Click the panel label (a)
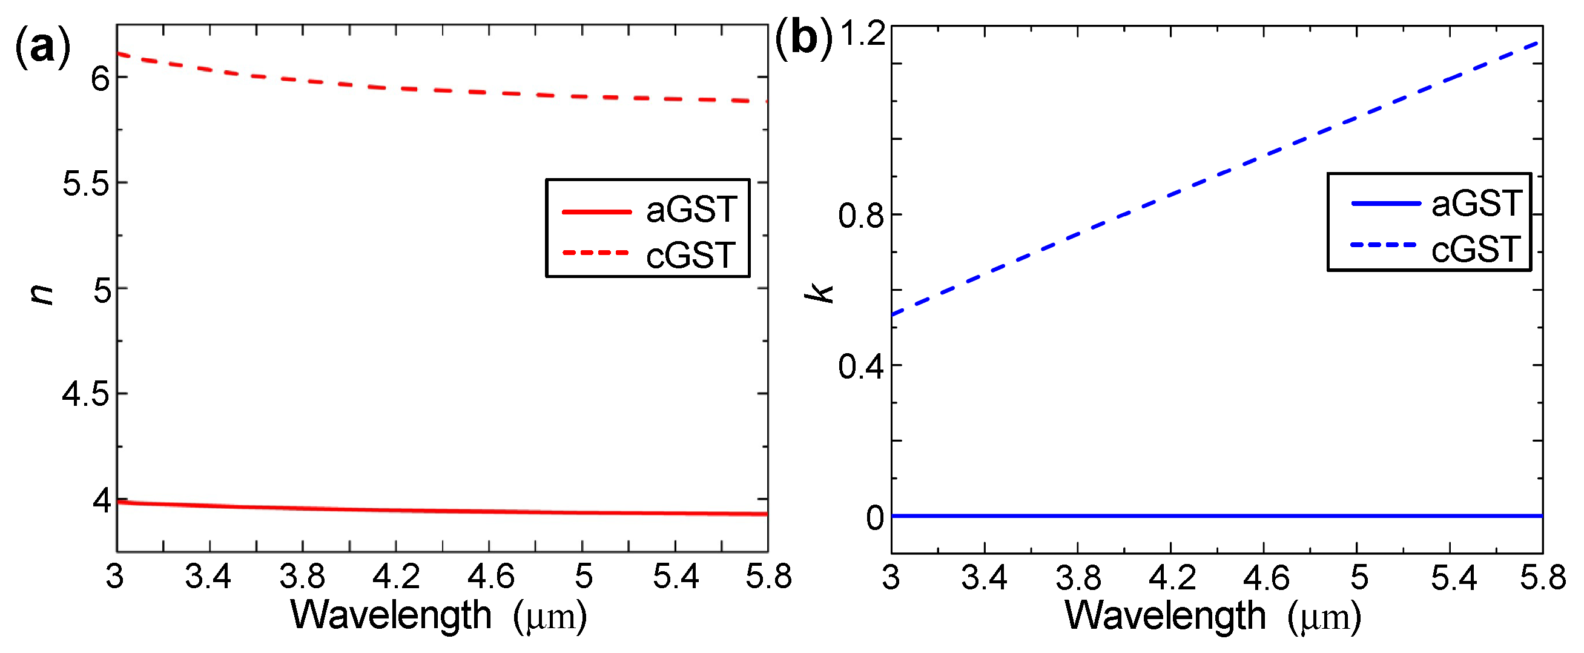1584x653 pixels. [x=42, y=46]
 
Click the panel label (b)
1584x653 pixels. [x=803, y=38]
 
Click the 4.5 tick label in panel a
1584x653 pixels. [x=86, y=394]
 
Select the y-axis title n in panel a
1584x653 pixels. [x=41, y=295]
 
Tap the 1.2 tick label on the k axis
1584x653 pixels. [x=862, y=33]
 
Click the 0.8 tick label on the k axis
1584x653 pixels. [x=861, y=216]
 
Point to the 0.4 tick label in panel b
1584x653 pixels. [x=861, y=367]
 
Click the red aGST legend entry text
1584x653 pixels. [x=691, y=210]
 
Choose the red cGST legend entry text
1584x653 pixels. [x=691, y=255]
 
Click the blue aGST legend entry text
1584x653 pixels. [x=1476, y=204]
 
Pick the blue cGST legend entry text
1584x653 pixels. [x=1476, y=250]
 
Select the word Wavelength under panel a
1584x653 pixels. [x=391, y=615]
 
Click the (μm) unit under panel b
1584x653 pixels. [x=1324, y=617]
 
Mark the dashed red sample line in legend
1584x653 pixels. [x=595, y=253]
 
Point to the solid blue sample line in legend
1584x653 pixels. [x=1385, y=203]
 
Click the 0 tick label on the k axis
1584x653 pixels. [x=874, y=519]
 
